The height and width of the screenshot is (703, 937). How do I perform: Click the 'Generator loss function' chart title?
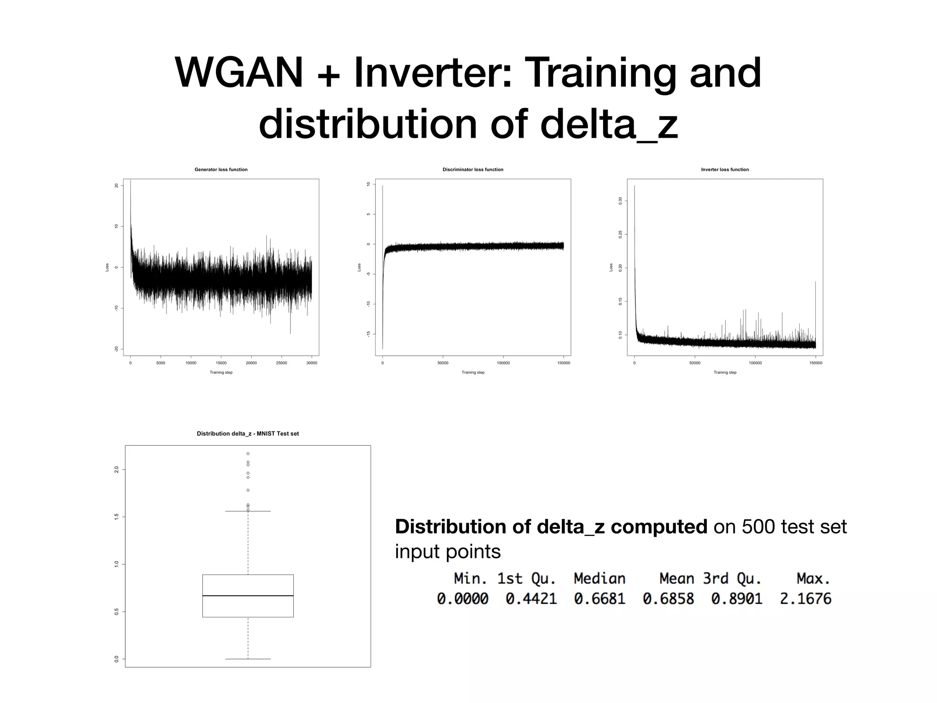[x=221, y=169]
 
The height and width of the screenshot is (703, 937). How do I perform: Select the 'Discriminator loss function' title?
[x=473, y=169]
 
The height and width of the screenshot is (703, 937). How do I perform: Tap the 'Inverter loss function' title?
[x=725, y=169]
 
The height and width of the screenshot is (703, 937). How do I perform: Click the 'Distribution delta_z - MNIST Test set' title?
[x=248, y=433]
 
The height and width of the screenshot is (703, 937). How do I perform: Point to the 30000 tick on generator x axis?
[x=312, y=363]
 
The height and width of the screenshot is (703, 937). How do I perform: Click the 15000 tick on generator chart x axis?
[x=221, y=363]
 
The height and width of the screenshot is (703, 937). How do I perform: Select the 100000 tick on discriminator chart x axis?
[x=503, y=363]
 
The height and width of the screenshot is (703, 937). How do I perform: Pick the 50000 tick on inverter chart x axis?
[x=695, y=363]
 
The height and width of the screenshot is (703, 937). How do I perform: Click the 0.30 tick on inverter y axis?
[x=620, y=200]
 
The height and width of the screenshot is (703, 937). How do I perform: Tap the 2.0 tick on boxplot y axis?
[x=117, y=470]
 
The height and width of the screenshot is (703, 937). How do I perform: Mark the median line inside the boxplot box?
[x=248, y=595]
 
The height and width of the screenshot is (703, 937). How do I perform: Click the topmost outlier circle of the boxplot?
[x=248, y=454]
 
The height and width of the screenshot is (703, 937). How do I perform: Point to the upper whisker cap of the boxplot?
[x=248, y=511]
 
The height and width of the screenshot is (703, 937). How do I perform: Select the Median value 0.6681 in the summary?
[x=599, y=599]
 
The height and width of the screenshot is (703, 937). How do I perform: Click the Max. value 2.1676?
[x=805, y=599]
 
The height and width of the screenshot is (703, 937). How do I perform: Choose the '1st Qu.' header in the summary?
[x=527, y=579]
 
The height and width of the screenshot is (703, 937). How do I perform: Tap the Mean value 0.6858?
[x=668, y=599]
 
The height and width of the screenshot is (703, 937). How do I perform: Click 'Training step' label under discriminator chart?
[x=473, y=373]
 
